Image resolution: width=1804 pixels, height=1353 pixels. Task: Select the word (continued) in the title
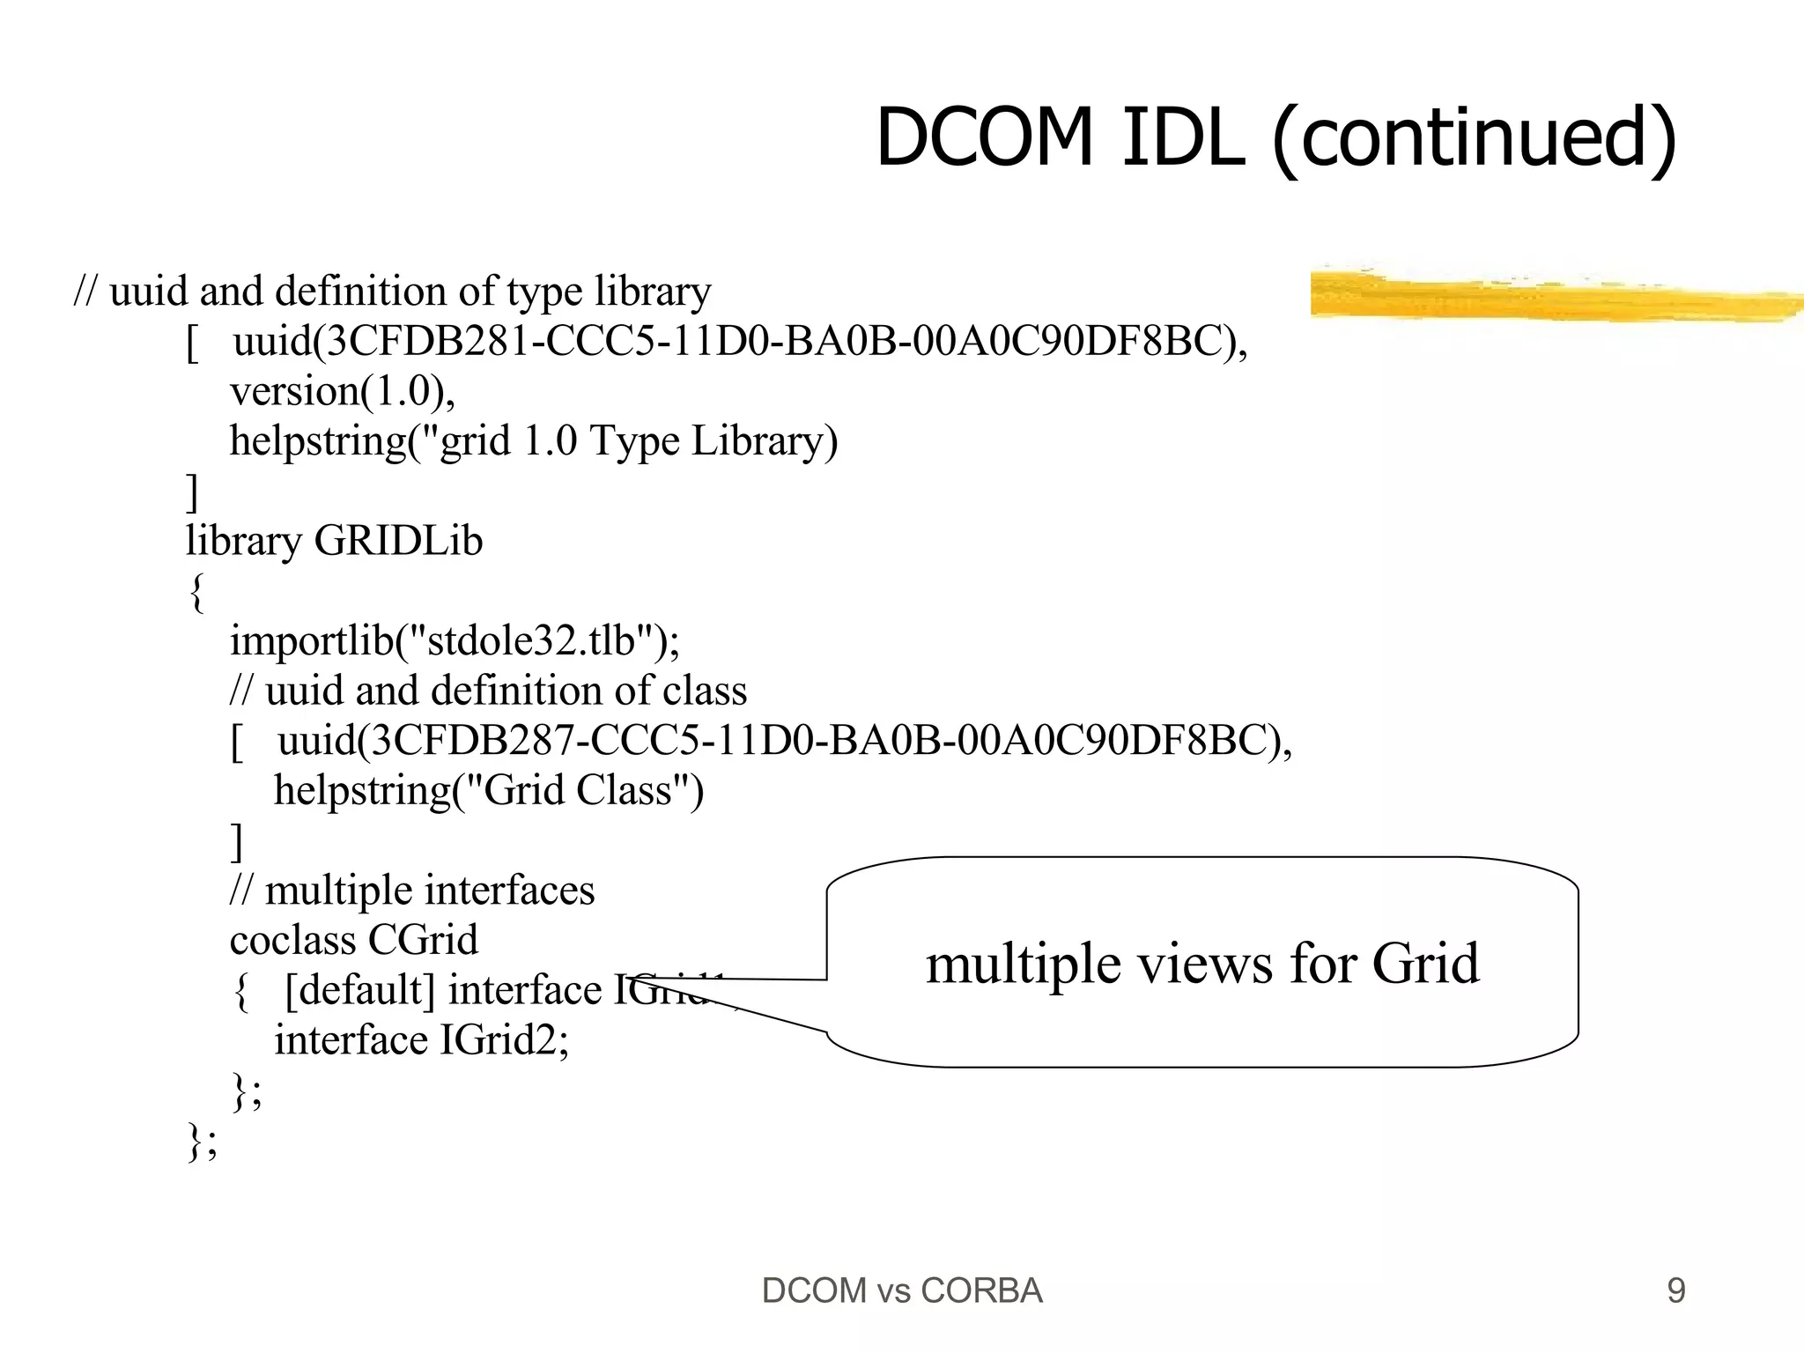point(1475,138)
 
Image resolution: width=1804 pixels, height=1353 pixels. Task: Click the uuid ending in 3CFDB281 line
point(740,341)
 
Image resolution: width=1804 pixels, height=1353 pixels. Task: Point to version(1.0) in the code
point(343,391)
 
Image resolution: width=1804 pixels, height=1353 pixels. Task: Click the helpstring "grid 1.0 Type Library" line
point(534,440)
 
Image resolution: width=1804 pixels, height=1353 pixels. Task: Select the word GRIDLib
point(398,540)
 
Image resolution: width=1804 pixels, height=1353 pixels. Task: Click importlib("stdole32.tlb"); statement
point(455,640)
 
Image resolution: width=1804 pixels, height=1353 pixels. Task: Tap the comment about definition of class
point(488,691)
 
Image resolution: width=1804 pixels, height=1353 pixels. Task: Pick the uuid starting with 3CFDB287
point(784,740)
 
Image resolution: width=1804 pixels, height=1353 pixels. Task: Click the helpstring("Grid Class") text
point(489,790)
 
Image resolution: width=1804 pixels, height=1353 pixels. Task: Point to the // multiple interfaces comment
point(412,890)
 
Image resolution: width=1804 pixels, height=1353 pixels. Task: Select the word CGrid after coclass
point(422,940)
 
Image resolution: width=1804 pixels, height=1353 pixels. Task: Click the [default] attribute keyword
point(359,990)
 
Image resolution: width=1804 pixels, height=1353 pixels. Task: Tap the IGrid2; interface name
point(504,1040)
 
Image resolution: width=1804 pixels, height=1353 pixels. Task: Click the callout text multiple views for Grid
point(1202,963)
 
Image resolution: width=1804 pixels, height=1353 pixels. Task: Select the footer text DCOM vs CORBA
point(902,1290)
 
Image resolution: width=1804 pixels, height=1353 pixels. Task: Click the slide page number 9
point(1676,1290)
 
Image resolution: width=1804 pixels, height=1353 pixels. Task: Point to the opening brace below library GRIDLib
point(196,592)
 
